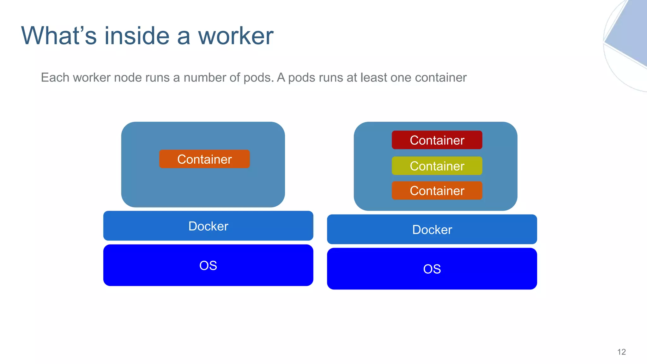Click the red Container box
(x=437, y=140)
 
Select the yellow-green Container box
(x=437, y=166)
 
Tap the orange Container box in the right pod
(x=437, y=191)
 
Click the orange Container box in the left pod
(x=204, y=159)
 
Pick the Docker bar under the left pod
(x=208, y=226)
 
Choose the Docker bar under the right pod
(x=432, y=229)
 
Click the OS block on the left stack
(x=208, y=265)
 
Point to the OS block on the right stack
(x=432, y=269)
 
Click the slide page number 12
(x=621, y=352)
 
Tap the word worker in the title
(x=235, y=36)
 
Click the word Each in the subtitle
(x=55, y=77)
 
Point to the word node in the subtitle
(x=128, y=77)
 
